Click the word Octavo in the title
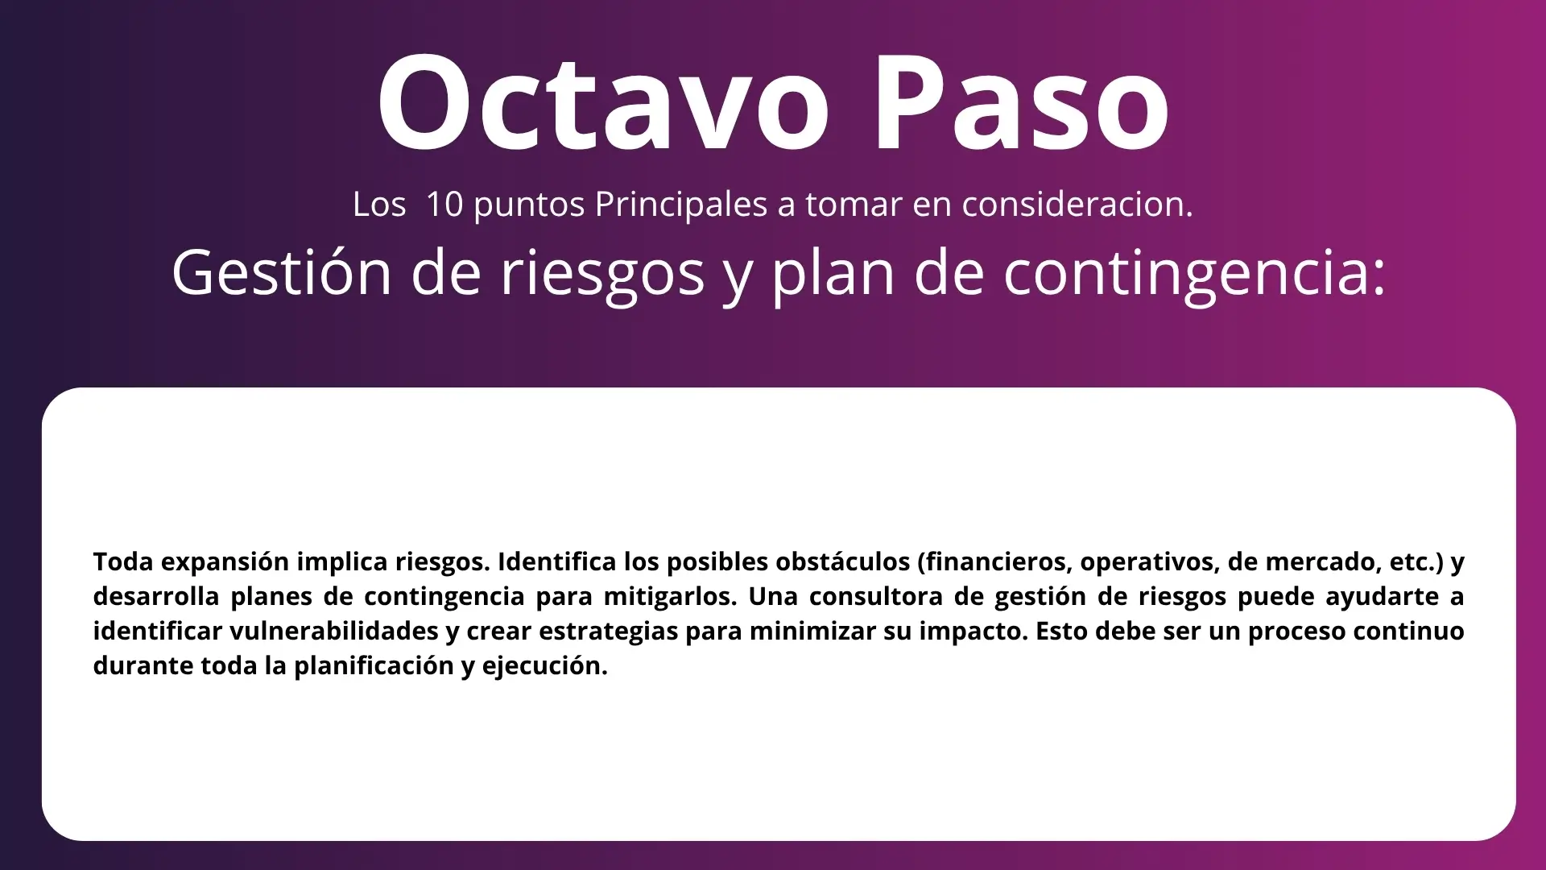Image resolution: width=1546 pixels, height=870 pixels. coord(603,102)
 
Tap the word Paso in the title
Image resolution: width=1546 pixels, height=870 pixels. coord(1021,102)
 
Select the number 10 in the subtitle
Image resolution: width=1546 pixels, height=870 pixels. coord(444,205)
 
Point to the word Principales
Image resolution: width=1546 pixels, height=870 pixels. coord(681,205)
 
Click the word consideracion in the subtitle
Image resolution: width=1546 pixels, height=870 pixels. coord(1077,205)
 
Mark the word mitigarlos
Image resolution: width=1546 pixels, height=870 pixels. coord(671,597)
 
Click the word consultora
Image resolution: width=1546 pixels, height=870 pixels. coord(875,596)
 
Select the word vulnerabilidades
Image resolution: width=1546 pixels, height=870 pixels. coord(333,631)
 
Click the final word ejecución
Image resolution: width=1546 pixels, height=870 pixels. coord(545,666)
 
